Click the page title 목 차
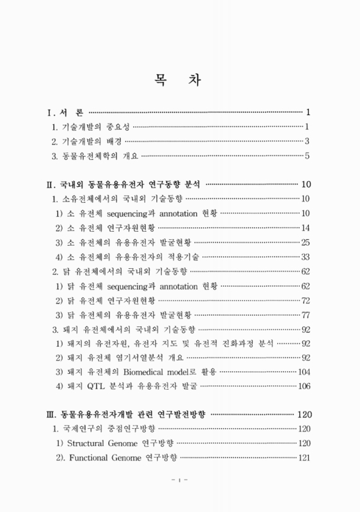180,80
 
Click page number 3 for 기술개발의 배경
307,141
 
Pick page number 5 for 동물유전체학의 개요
307,156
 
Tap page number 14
305,228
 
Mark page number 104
304,372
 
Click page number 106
304,386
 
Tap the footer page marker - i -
179,495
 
